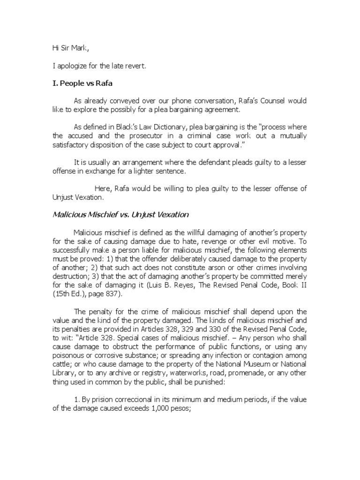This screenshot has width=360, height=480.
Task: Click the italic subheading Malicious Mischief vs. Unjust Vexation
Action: tap(120, 215)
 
